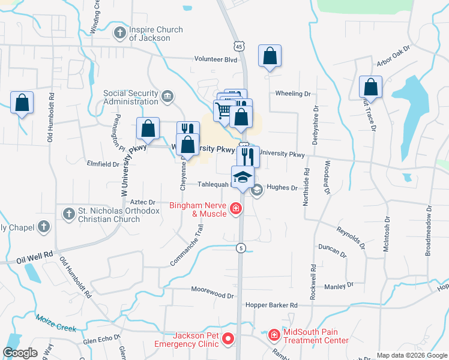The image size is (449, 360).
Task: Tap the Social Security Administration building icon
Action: click(x=167, y=96)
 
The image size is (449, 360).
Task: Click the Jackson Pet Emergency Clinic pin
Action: click(x=228, y=340)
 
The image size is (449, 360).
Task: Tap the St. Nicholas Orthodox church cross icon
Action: click(x=68, y=214)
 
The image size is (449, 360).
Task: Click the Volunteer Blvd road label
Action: click(x=215, y=59)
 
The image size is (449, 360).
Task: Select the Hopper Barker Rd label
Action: click(x=271, y=305)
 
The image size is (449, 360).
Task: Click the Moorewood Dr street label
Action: click(x=212, y=295)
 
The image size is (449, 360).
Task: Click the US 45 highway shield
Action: click(x=239, y=46)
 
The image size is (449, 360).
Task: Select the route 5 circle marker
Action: click(x=240, y=248)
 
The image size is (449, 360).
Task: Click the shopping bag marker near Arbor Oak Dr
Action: click(x=370, y=87)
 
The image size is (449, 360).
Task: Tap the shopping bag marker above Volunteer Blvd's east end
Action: click(x=270, y=56)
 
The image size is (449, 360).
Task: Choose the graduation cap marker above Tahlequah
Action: click(x=243, y=176)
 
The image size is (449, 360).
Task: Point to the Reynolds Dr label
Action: click(x=351, y=236)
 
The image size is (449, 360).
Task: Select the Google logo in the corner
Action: click(x=20, y=353)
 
